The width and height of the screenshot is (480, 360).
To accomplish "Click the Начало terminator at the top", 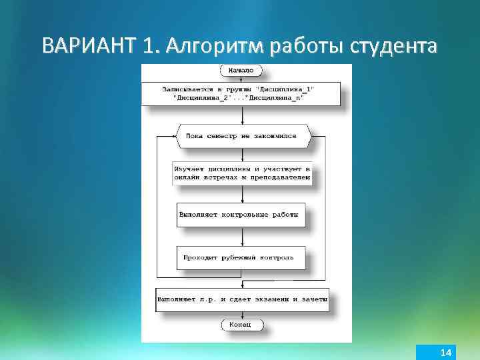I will point(241,70).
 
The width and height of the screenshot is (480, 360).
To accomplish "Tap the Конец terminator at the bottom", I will point(241,324).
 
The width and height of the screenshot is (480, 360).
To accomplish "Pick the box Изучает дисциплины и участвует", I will point(241,173).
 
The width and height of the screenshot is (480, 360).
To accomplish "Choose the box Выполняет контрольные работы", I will point(241,215).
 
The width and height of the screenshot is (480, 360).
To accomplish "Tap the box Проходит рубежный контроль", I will point(241,256).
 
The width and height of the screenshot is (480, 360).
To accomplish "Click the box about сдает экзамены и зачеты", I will point(243,299).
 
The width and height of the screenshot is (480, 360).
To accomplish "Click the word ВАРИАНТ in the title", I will point(88,46).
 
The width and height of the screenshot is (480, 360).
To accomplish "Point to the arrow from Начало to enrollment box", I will point(242,79).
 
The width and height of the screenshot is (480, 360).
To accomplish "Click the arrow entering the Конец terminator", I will point(242,315).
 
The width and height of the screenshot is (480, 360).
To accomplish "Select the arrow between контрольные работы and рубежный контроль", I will point(242,237).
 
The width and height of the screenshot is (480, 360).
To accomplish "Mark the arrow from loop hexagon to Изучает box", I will point(242,153).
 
